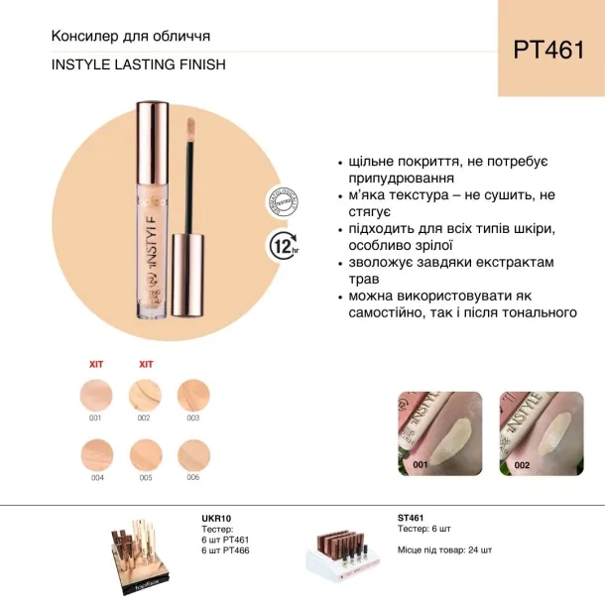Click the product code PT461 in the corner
[550, 51]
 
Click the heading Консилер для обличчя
[130, 38]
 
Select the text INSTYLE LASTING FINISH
[138, 64]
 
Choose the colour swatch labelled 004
[96, 456]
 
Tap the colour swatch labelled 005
[146, 456]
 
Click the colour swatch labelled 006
[192, 456]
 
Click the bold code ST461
[411, 518]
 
